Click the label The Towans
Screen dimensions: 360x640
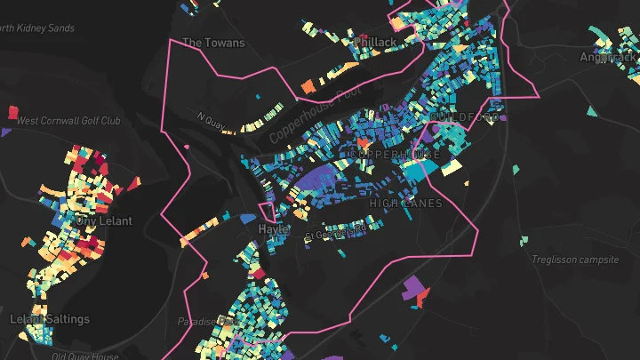point(206,42)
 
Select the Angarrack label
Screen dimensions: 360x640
point(608,57)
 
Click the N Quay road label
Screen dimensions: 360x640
point(207,116)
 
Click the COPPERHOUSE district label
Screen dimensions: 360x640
point(396,155)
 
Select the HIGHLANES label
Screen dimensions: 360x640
point(405,204)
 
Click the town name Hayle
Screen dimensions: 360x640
point(273,228)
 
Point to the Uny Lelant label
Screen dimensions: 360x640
point(103,220)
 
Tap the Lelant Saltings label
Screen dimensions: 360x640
point(50,319)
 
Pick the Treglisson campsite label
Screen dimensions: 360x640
point(573,260)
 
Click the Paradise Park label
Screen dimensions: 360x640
point(204,322)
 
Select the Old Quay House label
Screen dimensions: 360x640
point(84,356)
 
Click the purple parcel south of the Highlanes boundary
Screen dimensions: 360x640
point(412,288)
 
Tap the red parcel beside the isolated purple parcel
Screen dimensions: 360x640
point(424,293)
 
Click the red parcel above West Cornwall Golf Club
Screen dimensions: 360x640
point(12,112)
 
